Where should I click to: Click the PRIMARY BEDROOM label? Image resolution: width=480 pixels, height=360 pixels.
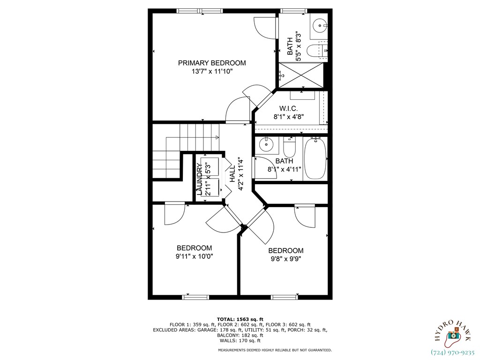coord(212,63)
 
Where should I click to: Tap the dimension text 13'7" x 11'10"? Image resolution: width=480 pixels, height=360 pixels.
coord(212,72)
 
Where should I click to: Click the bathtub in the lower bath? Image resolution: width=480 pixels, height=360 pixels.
coord(315,159)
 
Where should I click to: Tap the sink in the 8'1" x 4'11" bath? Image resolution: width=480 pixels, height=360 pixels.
coord(266,144)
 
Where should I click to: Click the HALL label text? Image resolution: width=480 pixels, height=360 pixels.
coord(232,173)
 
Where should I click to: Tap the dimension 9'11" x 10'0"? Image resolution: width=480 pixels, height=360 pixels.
coord(194,256)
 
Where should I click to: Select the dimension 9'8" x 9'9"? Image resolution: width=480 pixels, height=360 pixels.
coord(285,259)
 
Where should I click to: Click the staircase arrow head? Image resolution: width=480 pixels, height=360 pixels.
coord(217,137)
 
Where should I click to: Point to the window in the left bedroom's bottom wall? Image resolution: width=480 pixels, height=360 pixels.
coord(195,297)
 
